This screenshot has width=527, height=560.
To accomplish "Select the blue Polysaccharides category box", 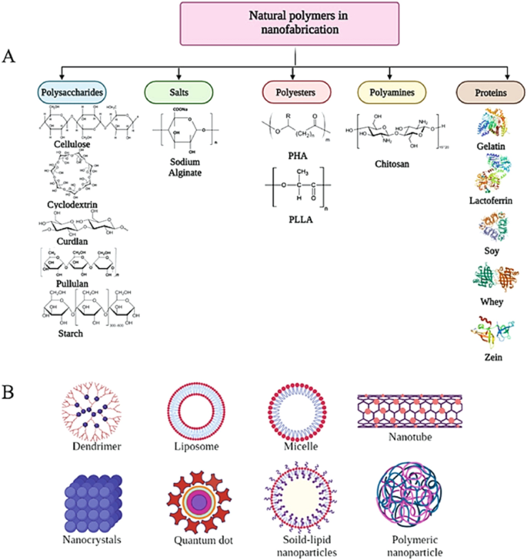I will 71,92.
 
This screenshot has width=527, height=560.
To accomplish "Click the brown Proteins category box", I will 489,92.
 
